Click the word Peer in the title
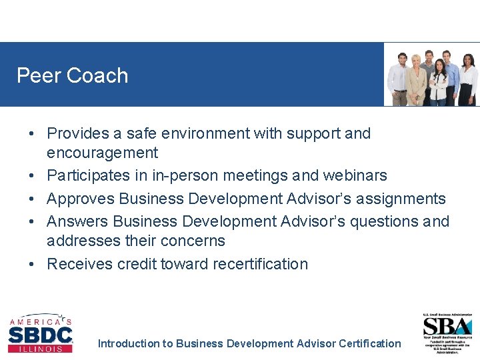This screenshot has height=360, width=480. (x=37, y=75)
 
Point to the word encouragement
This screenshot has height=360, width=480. (x=102, y=153)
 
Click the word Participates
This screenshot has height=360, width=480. (x=90, y=175)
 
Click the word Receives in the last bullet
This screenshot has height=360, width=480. (x=79, y=264)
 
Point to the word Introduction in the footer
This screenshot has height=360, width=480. (x=129, y=344)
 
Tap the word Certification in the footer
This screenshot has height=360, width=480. (x=369, y=344)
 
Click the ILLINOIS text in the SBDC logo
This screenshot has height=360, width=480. (x=41, y=348)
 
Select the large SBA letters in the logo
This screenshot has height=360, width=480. (x=448, y=326)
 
